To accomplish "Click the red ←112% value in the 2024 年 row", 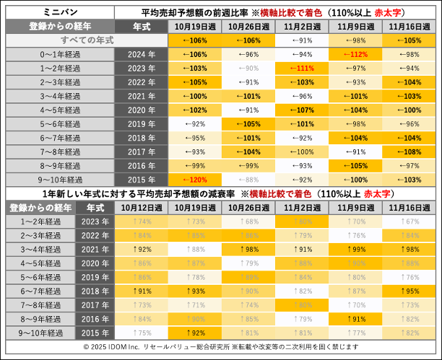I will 355,54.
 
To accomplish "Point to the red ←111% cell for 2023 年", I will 302,68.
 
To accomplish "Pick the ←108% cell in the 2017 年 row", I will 409,151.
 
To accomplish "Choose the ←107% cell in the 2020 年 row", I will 302,110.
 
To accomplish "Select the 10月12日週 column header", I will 140,208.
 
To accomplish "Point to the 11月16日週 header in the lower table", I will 409,208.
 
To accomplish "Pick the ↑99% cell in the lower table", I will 355,249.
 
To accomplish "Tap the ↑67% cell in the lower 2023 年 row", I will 409,221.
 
